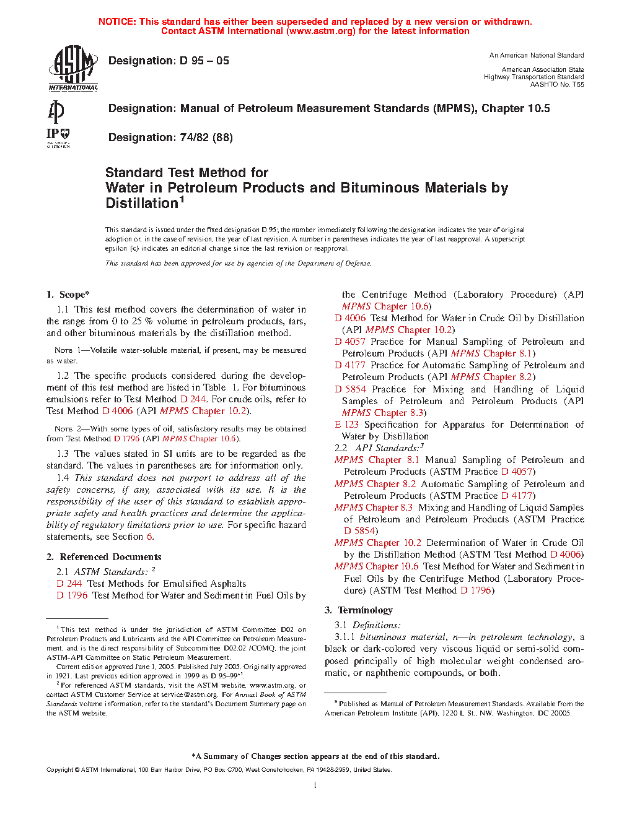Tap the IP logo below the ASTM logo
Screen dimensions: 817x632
(58, 137)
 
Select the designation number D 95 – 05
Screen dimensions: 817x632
(204, 61)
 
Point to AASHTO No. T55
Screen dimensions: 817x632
(556, 84)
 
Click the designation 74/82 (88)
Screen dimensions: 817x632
(170, 137)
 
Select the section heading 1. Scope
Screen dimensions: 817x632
(68, 295)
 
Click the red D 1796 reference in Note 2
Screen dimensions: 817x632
(127, 439)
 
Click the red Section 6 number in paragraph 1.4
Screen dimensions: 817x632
(149, 537)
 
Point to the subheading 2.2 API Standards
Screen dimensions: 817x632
(379, 448)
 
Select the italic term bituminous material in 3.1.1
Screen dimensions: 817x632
(403, 637)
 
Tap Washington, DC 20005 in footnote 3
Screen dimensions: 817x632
(533, 713)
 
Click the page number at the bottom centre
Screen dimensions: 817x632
(315, 785)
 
